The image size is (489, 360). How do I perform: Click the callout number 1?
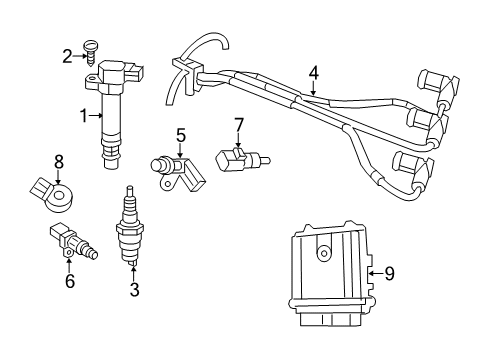(x=84, y=116)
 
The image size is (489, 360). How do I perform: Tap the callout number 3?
(x=133, y=291)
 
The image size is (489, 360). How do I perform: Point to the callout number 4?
(x=313, y=72)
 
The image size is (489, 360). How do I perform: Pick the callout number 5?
(x=181, y=134)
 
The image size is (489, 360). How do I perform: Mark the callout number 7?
(x=239, y=124)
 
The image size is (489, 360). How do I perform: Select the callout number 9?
(x=389, y=271)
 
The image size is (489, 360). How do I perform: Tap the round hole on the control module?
(x=323, y=255)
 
